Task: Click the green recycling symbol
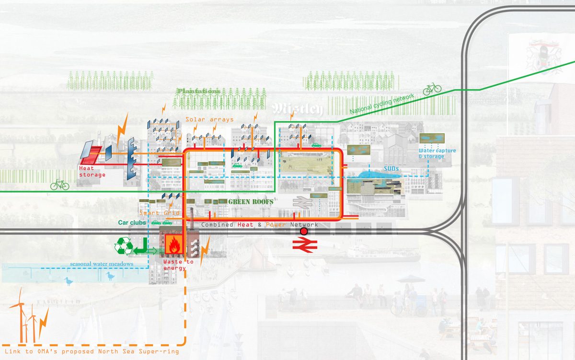coord(123,246)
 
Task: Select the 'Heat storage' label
coord(93,172)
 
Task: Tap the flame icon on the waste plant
coord(172,243)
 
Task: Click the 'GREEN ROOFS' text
coord(251,202)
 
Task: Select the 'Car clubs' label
coord(132,222)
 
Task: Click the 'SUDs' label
coord(391,169)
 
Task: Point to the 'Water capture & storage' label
coord(437,153)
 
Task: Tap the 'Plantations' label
coord(198,91)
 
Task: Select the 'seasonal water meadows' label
coord(101,264)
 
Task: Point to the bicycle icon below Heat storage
coord(59,184)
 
